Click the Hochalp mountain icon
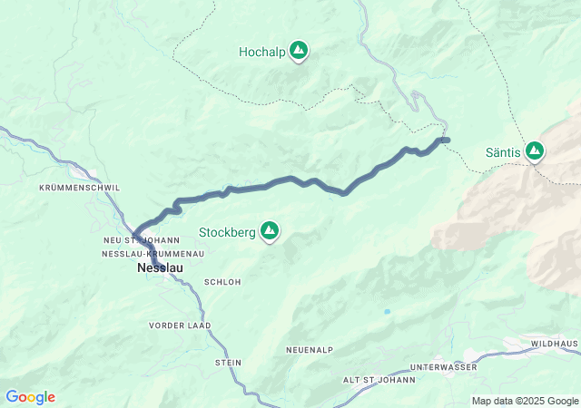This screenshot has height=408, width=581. pyautogui.click(x=299, y=51)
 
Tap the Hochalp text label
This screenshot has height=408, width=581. pyautogui.click(x=262, y=53)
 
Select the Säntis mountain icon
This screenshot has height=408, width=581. pyautogui.click(x=535, y=151)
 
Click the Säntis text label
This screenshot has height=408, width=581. pyautogui.click(x=503, y=152)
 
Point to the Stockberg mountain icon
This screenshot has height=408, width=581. pyautogui.click(x=270, y=231)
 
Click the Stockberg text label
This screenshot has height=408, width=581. pyautogui.click(x=227, y=233)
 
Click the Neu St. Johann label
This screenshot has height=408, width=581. pyautogui.click(x=141, y=239)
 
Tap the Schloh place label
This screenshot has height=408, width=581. pyautogui.click(x=223, y=282)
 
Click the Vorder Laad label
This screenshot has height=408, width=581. pyautogui.click(x=180, y=325)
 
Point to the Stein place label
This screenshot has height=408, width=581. pyautogui.click(x=228, y=363)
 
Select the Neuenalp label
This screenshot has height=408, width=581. pyautogui.click(x=310, y=349)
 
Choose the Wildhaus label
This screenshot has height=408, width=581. pyautogui.click(x=553, y=345)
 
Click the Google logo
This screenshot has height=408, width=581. pyautogui.click(x=30, y=397)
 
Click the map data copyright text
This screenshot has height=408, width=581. pyautogui.click(x=524, y=401)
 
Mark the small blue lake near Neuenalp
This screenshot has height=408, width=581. pyautogui.click(x=387, y=312)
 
